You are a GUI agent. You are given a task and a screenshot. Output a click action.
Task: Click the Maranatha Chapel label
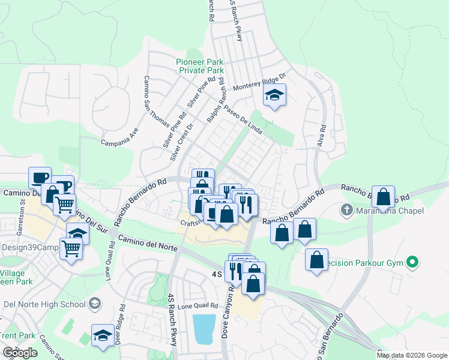tap(390, 211)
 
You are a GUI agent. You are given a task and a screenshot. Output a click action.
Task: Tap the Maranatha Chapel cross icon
tap(346, 211)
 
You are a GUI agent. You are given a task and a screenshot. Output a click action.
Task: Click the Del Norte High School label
tap(43, 304)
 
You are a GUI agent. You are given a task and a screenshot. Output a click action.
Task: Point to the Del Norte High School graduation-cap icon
tap(94, 304)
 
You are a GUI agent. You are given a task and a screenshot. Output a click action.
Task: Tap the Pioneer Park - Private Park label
tap(199, 66)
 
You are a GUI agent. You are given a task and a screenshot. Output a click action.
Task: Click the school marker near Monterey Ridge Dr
tap(274, 95)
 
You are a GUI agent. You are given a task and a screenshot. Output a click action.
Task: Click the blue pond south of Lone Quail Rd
tap(205, 329)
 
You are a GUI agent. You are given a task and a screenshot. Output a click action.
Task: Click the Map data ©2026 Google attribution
tap(412, 355)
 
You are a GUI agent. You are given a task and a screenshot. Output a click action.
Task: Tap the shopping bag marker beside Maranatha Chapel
tap(383, 196)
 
